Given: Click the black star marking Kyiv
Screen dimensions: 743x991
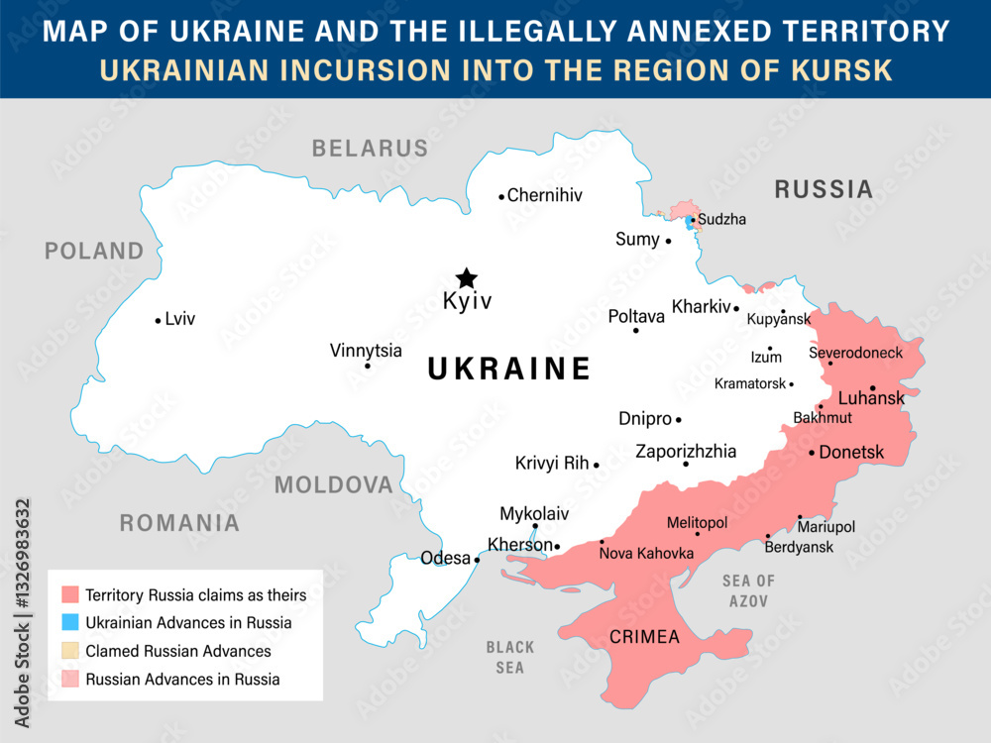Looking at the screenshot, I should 465,278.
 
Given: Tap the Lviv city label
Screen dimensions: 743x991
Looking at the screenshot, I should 180,319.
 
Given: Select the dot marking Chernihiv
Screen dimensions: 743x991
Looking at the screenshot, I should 501,196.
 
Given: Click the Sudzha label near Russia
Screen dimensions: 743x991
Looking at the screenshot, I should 721,219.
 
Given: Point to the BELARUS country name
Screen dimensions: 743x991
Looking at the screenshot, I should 370,149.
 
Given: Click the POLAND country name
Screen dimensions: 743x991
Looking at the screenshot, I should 94,251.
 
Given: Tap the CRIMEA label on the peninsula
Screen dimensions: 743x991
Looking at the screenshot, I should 644,636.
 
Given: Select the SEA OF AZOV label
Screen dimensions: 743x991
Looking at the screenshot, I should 748,590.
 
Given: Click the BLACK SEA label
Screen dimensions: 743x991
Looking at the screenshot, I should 509,657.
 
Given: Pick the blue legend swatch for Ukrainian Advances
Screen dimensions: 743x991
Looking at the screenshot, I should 69,623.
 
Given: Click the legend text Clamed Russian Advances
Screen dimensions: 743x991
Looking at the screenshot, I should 178,651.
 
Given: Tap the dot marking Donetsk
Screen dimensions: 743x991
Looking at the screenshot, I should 812,453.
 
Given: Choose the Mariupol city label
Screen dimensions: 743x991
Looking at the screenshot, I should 826,527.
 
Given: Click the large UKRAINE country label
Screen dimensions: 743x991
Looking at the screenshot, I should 508,370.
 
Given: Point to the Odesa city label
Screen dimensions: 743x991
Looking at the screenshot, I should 445,558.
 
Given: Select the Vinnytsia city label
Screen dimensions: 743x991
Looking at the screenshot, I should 366,350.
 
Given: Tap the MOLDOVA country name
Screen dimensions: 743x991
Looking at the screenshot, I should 334,484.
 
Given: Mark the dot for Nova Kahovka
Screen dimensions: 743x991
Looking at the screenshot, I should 602,542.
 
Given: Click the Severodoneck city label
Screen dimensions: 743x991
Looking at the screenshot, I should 855,353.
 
